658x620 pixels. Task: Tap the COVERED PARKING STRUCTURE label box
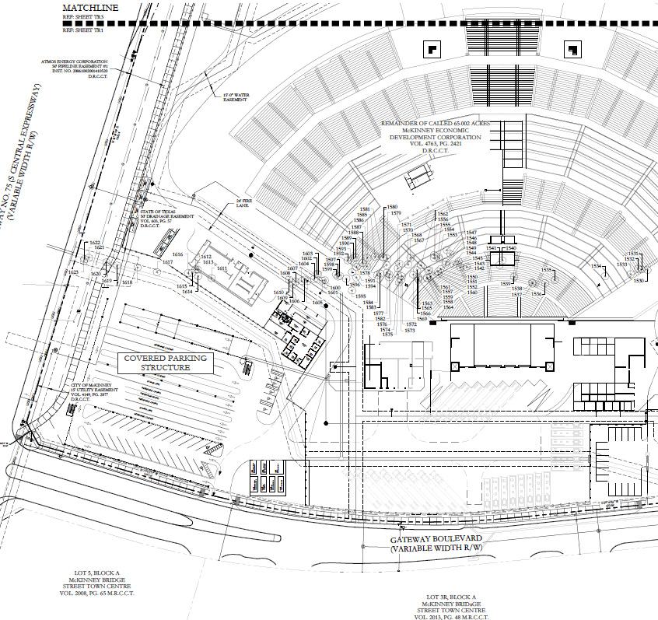pos(156,363)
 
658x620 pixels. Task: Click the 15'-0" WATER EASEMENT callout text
pos(236,96)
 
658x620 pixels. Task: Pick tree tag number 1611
pos(222,269)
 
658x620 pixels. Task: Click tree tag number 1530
pos(638,281)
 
